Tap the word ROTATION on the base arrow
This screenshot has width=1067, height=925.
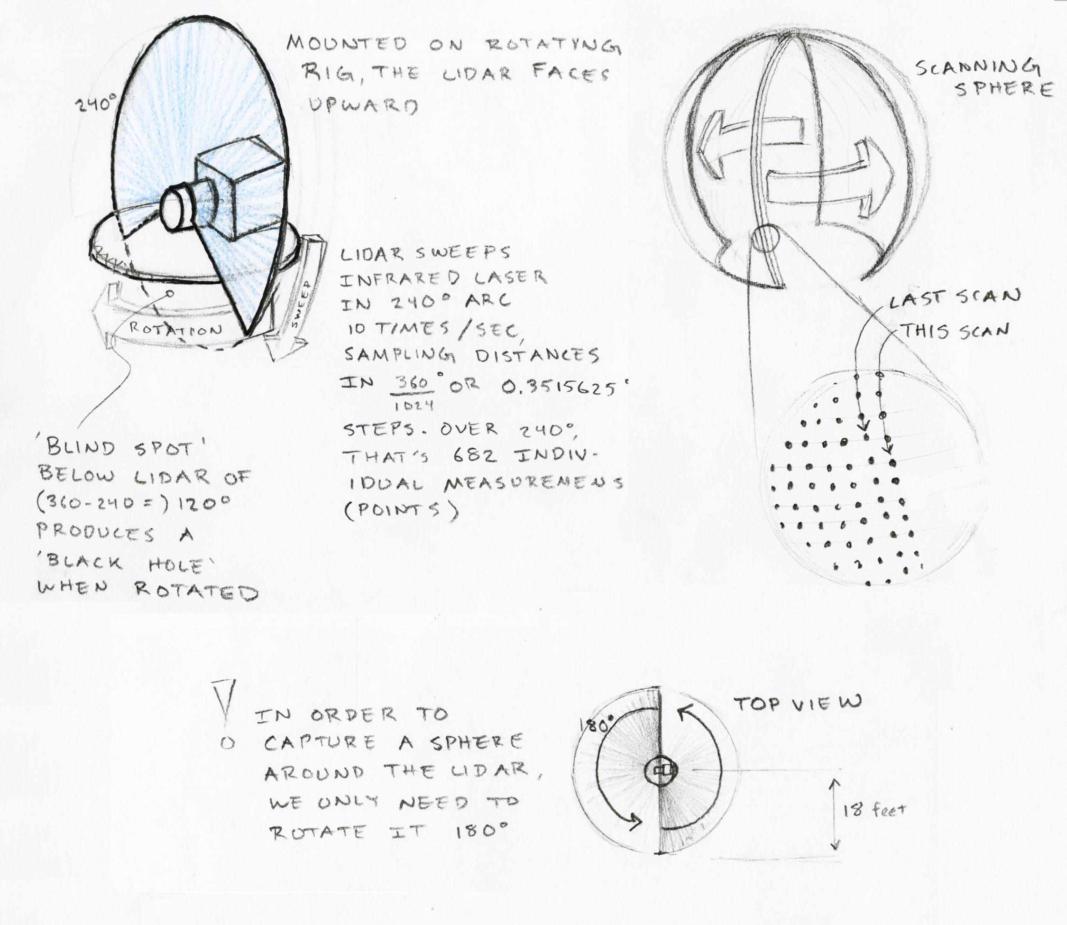pyautogui.click(x=175, y=328)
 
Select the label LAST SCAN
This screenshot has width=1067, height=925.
pyautogui.click(x=955, y=298)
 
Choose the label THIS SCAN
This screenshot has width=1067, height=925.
pyautogui.click(x=955, y=330)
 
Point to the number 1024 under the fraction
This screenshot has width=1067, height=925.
pyautogui.click(x=414, y=406)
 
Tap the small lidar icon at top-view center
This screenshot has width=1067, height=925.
pyautogui.click(x=661, y=771)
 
